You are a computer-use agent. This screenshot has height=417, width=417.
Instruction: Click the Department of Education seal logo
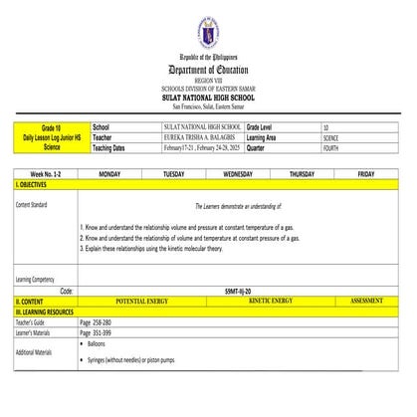208,36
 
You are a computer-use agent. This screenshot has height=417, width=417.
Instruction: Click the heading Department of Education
208,70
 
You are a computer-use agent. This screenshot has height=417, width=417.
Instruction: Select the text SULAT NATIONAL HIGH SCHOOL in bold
208,98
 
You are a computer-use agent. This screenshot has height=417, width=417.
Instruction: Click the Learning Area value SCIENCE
331,138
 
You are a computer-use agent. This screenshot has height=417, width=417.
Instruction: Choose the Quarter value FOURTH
331,148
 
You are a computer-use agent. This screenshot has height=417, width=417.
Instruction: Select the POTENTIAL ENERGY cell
141,300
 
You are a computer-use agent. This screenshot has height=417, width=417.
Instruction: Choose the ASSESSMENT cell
366,300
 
